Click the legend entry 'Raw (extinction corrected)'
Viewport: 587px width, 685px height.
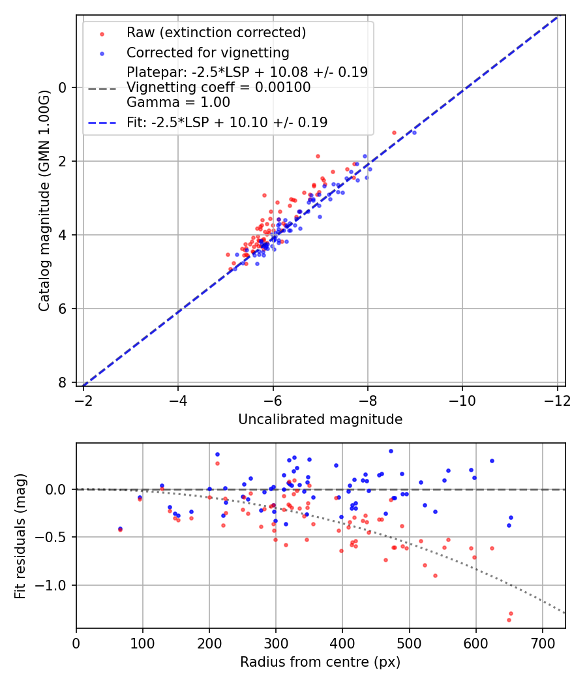(x=216, y=33)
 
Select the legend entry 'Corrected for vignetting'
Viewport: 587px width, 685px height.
(x=207, y=52)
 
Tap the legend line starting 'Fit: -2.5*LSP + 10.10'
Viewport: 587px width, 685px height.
(x=227, y=122)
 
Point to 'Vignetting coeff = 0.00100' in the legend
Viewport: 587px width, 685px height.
(x=218, y=87)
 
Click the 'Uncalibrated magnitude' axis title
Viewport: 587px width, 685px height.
(x=320, y=419)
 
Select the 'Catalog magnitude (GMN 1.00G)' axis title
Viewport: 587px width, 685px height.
(x=44, y=200)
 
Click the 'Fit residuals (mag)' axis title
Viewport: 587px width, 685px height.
(x=20, y=536)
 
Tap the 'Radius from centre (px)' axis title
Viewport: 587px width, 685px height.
(x=320, y=662)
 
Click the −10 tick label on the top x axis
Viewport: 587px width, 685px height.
(x=462, y=399)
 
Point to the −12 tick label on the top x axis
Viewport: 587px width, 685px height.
(x=557, y=399)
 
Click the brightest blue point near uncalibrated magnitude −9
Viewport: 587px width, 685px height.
(x=414, y=132)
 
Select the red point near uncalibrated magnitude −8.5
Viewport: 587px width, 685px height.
(x=394, y=132)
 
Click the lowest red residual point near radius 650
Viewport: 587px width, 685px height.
(x=509, y=620)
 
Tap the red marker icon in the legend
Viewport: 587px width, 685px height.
(x=102, y=33)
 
